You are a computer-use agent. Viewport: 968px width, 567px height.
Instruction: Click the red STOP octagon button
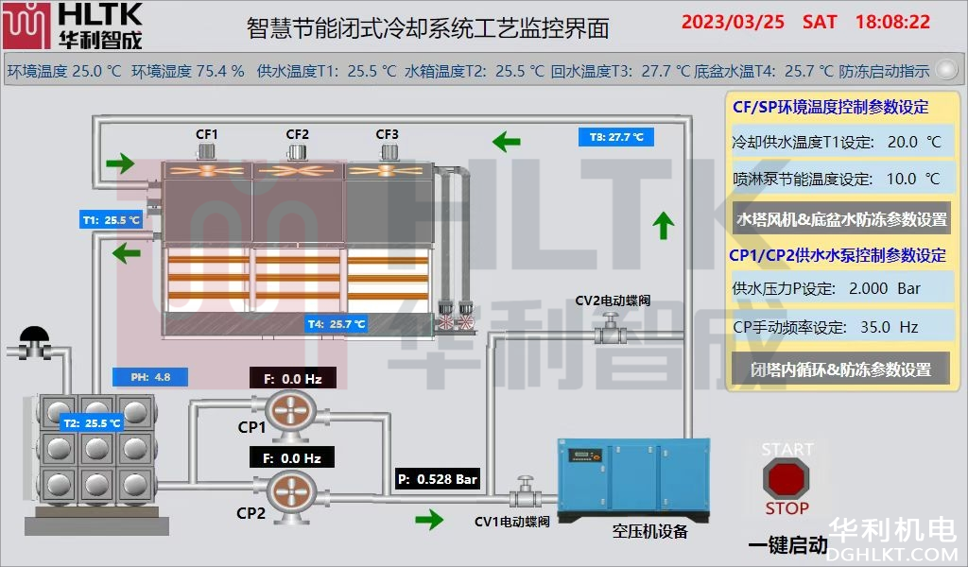point(787,478)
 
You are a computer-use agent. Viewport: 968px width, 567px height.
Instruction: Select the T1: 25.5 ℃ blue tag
point(111,220)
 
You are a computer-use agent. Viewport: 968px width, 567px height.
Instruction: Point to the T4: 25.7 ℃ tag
point(336,324)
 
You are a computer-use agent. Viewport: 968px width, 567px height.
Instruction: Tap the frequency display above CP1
point(292,379)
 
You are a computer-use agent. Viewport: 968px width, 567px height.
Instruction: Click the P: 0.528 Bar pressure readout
point(438,479)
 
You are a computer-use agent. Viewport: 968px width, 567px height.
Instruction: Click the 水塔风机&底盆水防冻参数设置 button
point(841,219)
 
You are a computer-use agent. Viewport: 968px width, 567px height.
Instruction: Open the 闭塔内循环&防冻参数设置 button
point(840,369)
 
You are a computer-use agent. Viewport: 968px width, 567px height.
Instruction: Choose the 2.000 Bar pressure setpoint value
point(885,288)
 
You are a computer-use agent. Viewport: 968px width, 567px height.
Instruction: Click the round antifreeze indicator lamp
point(944,69)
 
